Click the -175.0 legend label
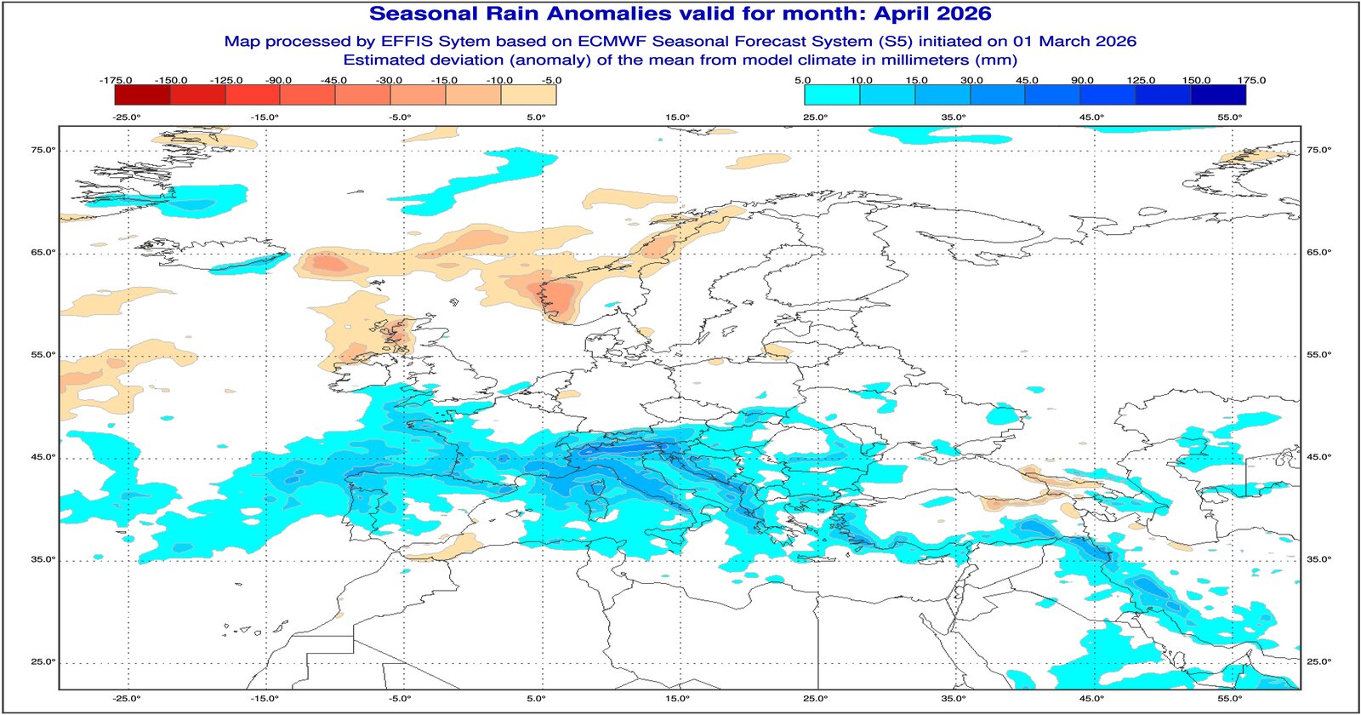[x=116, y=80]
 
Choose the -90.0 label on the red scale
[x=278, y=80]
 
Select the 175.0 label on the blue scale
[x=1251, y=80]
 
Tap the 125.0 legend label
[x=1141, y=80]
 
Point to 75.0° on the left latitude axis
[x=43, y=150]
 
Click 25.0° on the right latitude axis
[x=1318, y=661]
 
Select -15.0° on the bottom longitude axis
[x=265, y=698]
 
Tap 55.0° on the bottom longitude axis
[x=1230, y=698]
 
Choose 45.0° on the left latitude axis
[x=43, y=457]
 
